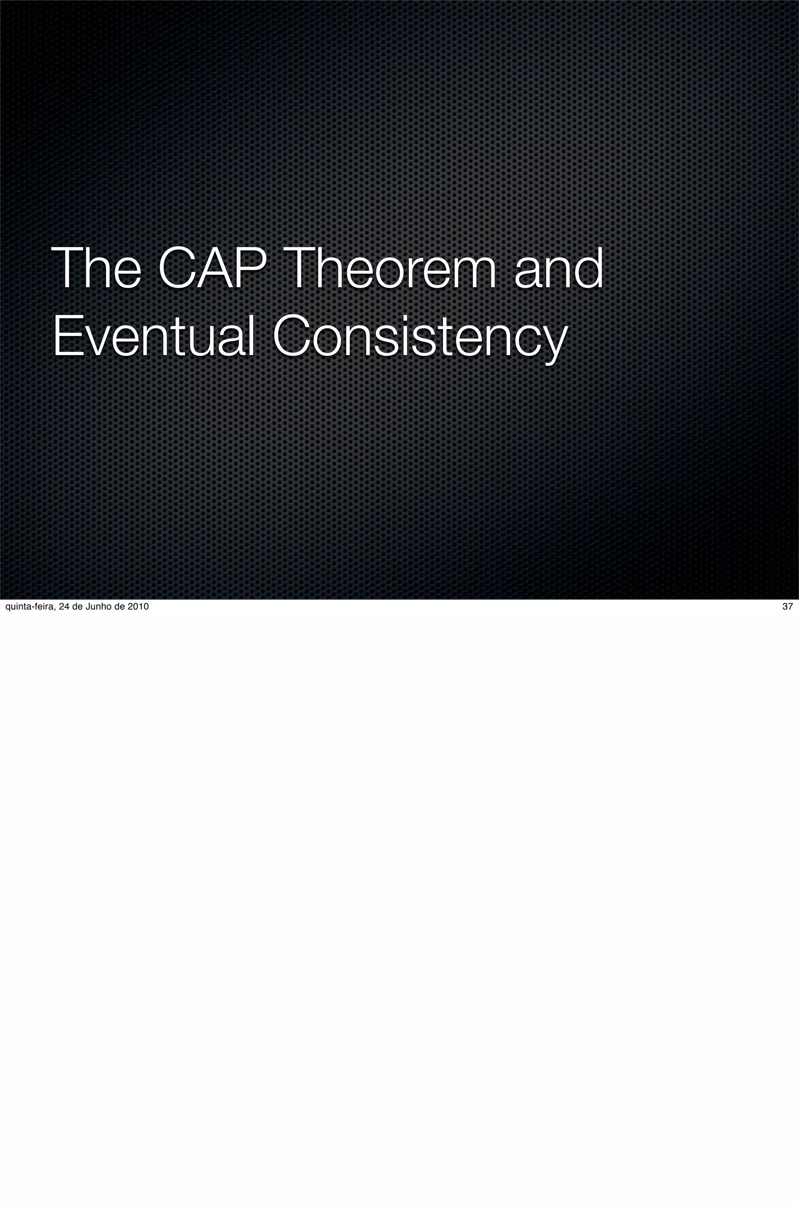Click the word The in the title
click(96, 268)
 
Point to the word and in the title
click(559, 268)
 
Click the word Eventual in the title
click(153, 336)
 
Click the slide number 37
click(787, 606)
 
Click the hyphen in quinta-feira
click(30, 607)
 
